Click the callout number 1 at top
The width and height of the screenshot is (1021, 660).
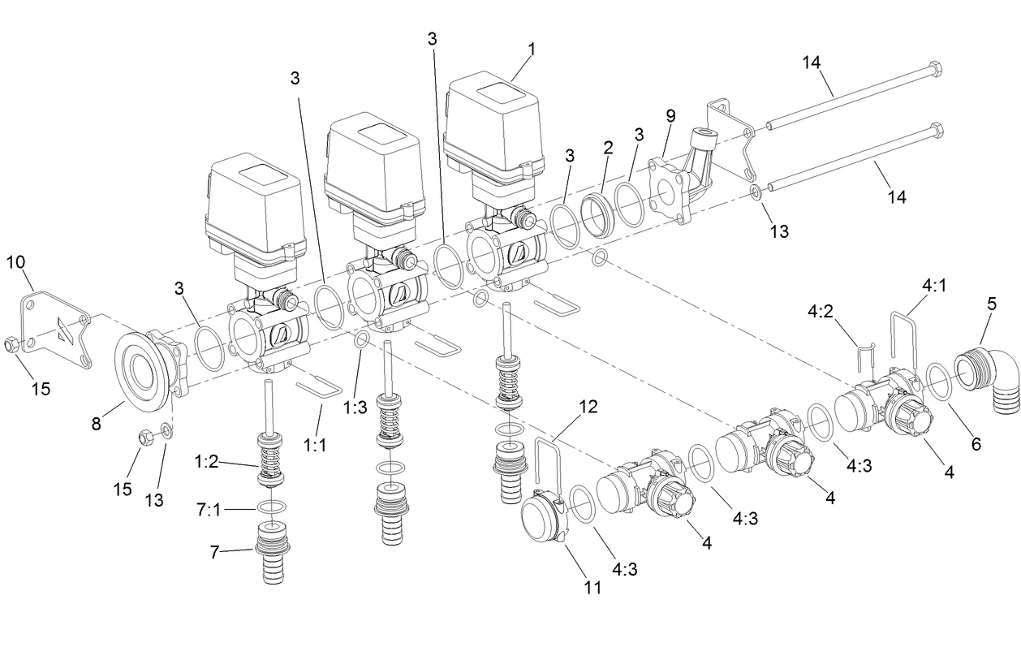pyautogui.click(x=531, y=49)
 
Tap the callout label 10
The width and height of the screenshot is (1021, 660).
pyautogui.click(x=17, y=261)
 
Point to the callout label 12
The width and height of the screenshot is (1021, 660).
pyautogui.click(x=590, y=406)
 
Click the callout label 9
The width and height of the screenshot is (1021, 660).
pyautogui.click(x=670, y=115)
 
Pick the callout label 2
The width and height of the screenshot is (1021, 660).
pyautogui.click(x=609, y=147)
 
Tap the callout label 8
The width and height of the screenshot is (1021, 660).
pyautogui.click(x=96, y=423)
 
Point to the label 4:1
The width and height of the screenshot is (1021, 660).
pyautogui.click(x=934, y=284)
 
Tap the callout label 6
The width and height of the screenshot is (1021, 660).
pyautogui.click(x=976, y=443)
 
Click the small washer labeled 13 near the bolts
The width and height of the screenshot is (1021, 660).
pyautogui.click(x=755, y=193)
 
